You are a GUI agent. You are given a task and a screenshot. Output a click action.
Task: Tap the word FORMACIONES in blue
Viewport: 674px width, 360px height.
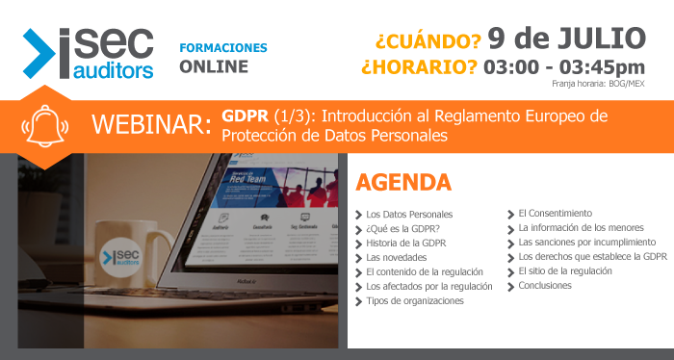pos(223,47)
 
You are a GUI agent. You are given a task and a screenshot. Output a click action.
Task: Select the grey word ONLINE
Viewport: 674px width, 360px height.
pos(214,67)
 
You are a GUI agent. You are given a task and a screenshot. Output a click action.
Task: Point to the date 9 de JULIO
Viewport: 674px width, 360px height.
pos(566,38)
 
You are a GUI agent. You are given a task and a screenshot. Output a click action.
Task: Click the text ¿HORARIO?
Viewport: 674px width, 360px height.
pos(419,66)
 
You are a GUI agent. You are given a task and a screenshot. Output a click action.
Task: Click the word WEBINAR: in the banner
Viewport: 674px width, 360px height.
pos(151,125)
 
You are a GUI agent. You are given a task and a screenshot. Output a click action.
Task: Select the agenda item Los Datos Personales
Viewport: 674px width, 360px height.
pos(409,214)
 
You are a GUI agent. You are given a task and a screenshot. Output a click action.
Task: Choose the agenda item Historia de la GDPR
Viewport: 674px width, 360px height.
pos(406,243)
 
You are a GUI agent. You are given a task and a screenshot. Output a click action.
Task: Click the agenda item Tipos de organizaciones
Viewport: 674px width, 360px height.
pos(415,300)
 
